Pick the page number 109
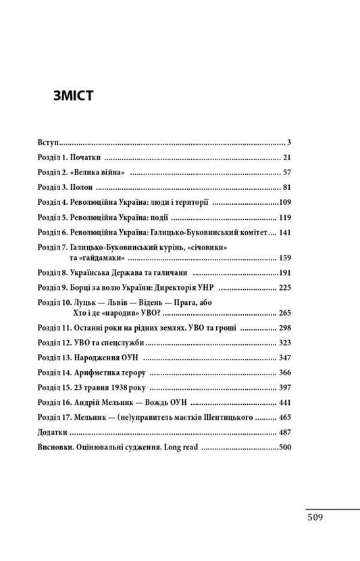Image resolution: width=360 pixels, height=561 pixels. [x=283, y=202]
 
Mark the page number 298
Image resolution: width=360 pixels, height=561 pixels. [x=283, y=328]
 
